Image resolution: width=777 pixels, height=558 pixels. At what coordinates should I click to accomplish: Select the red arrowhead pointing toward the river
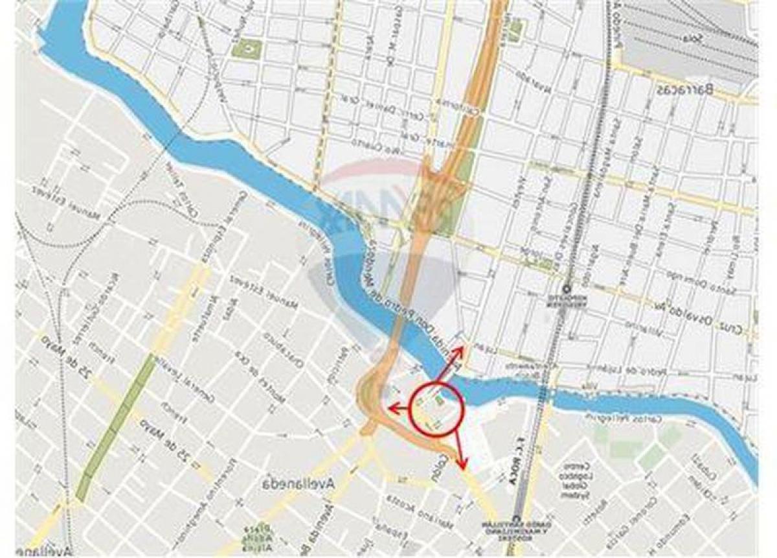pos(460,349)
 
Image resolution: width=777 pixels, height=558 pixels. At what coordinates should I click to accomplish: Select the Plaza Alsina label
pos(262,536)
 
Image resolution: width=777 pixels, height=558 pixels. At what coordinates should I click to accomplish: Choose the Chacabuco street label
pos(284,354)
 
